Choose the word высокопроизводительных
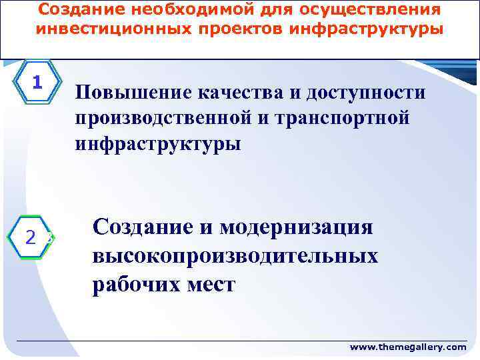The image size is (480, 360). [x=235, y=256]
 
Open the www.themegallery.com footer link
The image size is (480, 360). [x=409, y=347]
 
